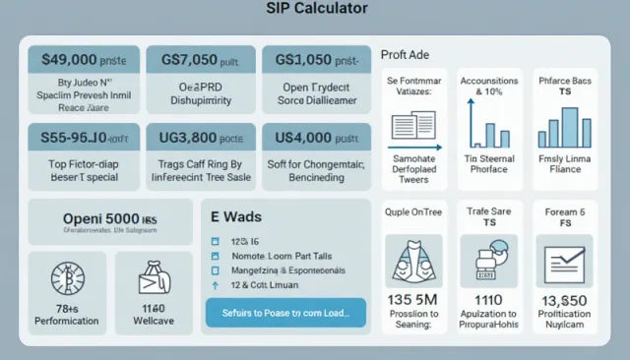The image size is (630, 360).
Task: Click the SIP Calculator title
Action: tap(317, 10)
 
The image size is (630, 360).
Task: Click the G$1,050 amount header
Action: tap(315, 59)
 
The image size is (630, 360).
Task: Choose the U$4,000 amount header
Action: tap(315, 139)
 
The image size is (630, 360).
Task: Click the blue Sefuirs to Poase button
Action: tap(285, 314)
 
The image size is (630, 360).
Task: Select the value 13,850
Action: tap(565, 301)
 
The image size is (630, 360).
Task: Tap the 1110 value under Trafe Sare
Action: tap(488, 301)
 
